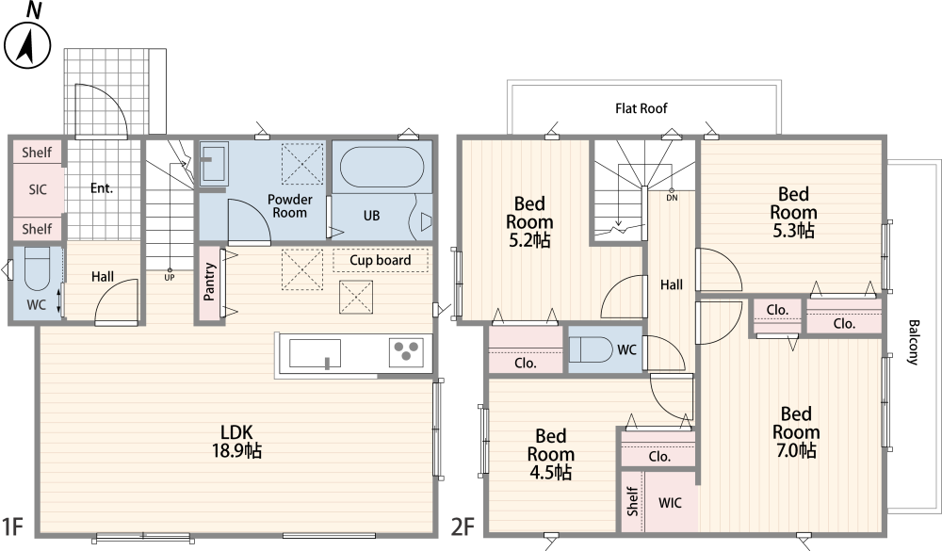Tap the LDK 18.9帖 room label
click(236, 441)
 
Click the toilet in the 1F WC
click(37, 270)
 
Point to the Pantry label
click(208, 282)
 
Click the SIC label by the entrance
click(38, 190)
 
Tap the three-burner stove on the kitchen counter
click(406, 352)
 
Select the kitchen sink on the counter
click(315, 353)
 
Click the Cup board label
click(381, 260)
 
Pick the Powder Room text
click(289, 205)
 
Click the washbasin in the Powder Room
click(213, 161)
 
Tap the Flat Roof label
click(641, 108)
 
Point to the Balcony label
click(913, 343)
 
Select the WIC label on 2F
click(670, 503)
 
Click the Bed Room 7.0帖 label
click(796, 432)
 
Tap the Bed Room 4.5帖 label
click(550, 454)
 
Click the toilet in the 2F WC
click(591, 349)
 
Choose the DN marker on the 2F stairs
click(672, 198)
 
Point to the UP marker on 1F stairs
click(170, 278)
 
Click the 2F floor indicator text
click(463, 527)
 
